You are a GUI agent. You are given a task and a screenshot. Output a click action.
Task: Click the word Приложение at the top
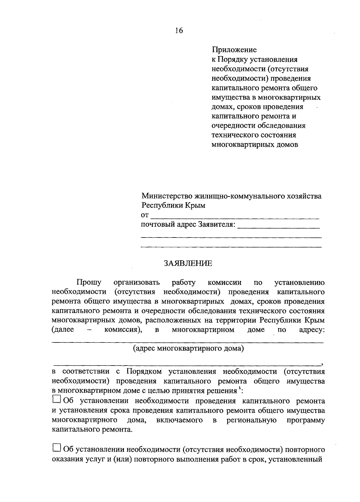tap(234, 49)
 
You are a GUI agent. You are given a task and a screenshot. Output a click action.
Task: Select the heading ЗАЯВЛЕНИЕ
tap(188, 263)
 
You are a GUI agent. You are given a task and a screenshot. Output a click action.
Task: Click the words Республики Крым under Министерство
tap(173, 206)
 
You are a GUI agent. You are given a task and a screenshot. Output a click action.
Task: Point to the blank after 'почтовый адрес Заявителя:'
tap(278, 226)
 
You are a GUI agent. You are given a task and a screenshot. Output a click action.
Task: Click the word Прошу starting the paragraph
tap(89, 282)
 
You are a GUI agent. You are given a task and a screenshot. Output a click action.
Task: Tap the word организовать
tap(137, 282)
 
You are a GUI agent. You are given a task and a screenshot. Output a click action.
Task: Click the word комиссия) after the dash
tap(123, 330)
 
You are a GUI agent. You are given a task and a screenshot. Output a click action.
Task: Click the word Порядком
tap(144, 372)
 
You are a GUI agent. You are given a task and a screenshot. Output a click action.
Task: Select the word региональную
tap(251, 420)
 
